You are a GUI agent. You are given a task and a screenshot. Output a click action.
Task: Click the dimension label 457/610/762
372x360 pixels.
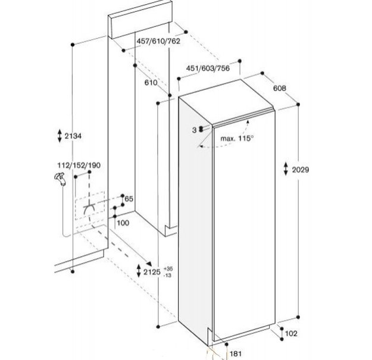158,41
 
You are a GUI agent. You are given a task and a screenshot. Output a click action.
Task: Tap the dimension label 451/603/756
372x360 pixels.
208,68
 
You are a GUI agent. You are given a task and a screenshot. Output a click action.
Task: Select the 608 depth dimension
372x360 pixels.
280,88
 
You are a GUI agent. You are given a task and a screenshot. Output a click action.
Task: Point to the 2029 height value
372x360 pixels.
301,170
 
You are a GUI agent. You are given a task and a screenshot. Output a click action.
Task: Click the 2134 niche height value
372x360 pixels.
73,136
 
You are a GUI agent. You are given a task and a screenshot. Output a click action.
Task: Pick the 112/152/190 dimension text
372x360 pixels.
79,165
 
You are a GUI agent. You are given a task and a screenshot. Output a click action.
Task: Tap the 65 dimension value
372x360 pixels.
129,199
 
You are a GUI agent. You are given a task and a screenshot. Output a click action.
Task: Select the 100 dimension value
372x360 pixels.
123,223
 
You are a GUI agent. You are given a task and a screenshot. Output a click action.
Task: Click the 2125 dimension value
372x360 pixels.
152,272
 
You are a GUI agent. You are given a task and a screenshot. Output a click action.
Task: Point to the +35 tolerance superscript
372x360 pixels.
168,269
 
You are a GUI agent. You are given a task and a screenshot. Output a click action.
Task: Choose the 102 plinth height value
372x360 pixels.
291,334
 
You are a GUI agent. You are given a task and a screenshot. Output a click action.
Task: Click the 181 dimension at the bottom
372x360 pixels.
236,354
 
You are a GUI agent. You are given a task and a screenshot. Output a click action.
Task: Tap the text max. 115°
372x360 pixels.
237,138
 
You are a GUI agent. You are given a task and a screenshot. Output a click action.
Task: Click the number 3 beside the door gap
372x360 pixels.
194,130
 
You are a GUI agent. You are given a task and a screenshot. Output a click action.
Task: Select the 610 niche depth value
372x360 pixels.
151,83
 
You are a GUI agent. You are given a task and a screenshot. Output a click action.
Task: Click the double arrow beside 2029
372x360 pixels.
286,169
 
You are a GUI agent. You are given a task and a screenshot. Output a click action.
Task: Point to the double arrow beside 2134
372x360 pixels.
60,136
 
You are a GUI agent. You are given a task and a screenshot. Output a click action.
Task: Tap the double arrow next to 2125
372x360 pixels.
139,271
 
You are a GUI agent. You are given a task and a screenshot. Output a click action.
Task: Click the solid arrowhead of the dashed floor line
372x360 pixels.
149,264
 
